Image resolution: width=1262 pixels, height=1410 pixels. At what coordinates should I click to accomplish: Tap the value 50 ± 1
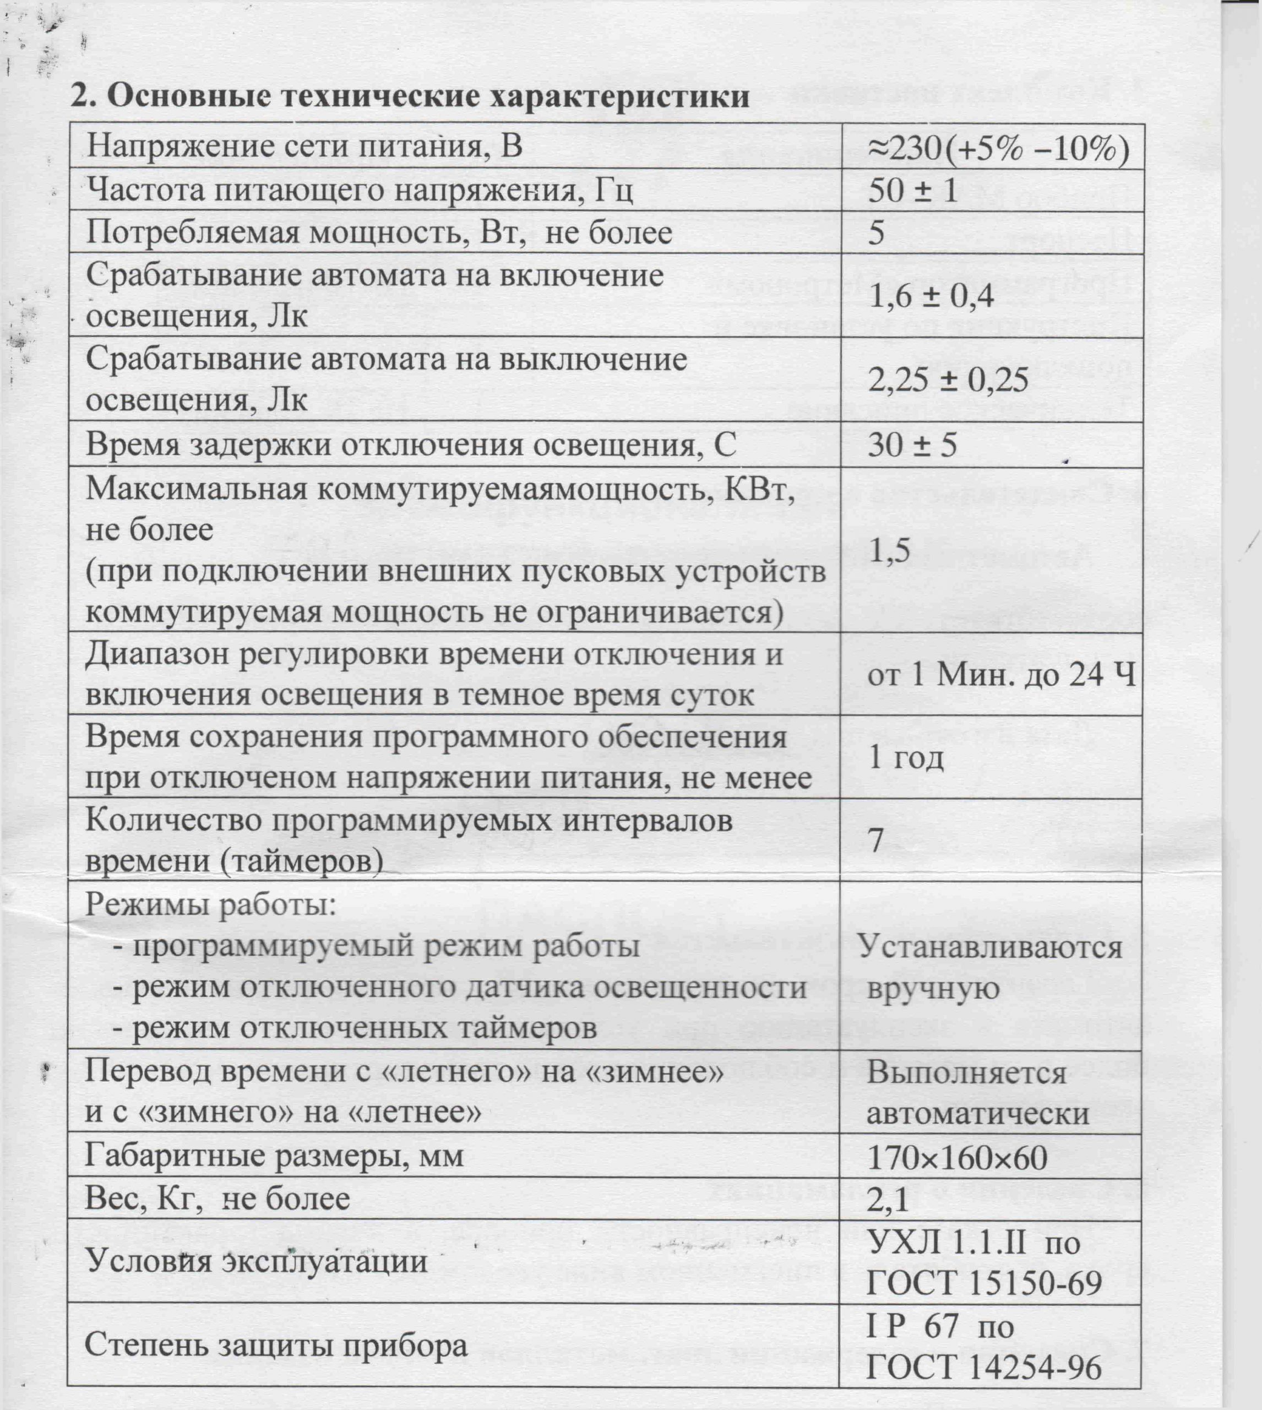912,189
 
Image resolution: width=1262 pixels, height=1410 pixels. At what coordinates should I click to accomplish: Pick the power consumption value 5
877,232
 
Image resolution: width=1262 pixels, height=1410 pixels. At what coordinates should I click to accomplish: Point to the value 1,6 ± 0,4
931,296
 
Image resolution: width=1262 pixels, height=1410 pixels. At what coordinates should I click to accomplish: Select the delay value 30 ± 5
912,444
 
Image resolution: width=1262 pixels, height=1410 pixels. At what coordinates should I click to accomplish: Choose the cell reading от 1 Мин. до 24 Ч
1001,674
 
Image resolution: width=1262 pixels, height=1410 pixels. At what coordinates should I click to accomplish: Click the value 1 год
906,757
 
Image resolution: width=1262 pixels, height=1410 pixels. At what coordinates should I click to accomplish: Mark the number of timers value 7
877,840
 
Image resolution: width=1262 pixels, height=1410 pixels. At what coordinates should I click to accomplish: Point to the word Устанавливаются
989,946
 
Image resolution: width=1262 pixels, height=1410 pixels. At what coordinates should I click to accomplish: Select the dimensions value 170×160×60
957,1158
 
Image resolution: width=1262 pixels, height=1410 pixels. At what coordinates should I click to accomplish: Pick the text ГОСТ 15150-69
984,1283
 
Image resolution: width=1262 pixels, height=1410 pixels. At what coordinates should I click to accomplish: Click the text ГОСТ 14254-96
984,1367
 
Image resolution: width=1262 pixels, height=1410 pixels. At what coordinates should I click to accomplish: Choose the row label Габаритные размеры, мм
274,1156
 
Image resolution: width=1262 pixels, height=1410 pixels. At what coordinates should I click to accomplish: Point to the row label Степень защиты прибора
275,1346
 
